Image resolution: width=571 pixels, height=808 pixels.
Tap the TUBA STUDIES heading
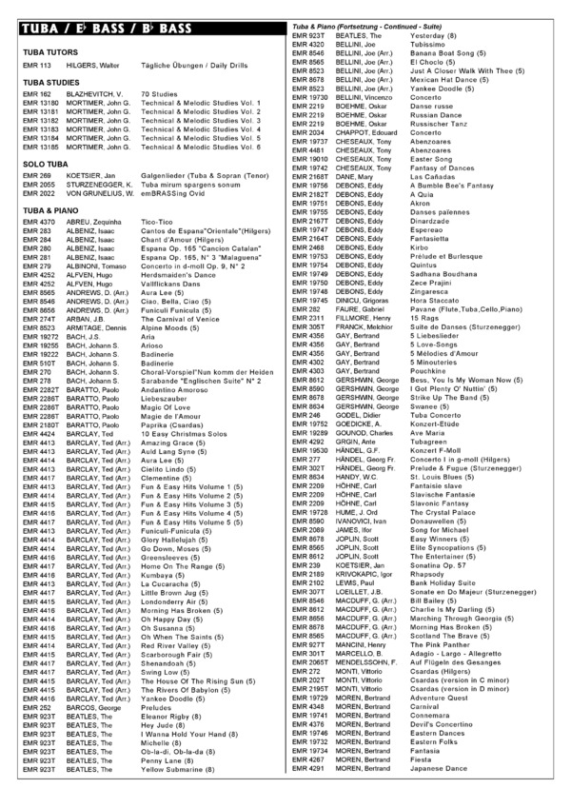[x=49, y=85]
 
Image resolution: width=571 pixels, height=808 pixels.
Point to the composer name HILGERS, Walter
[x=93, y=65]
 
